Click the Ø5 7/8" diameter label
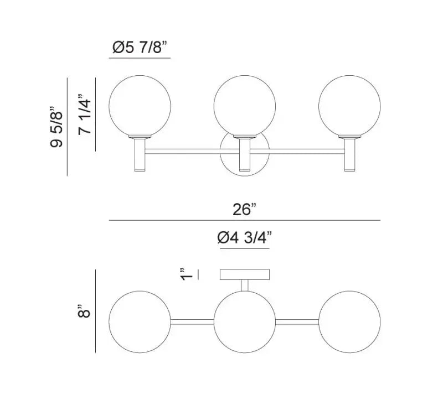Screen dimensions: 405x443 139,49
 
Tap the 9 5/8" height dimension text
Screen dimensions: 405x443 56,128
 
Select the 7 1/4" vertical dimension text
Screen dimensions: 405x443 84,115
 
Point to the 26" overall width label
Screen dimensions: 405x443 245,210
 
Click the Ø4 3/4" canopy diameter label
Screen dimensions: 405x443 244,238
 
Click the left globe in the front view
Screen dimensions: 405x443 140,106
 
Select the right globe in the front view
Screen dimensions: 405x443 349,106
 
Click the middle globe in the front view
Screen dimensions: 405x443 244,106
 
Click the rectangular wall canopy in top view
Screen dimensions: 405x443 244,274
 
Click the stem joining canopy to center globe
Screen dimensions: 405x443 244,285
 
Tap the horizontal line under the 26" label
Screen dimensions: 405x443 244,220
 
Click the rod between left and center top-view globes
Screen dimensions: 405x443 192,321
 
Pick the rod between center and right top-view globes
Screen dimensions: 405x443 297,321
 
